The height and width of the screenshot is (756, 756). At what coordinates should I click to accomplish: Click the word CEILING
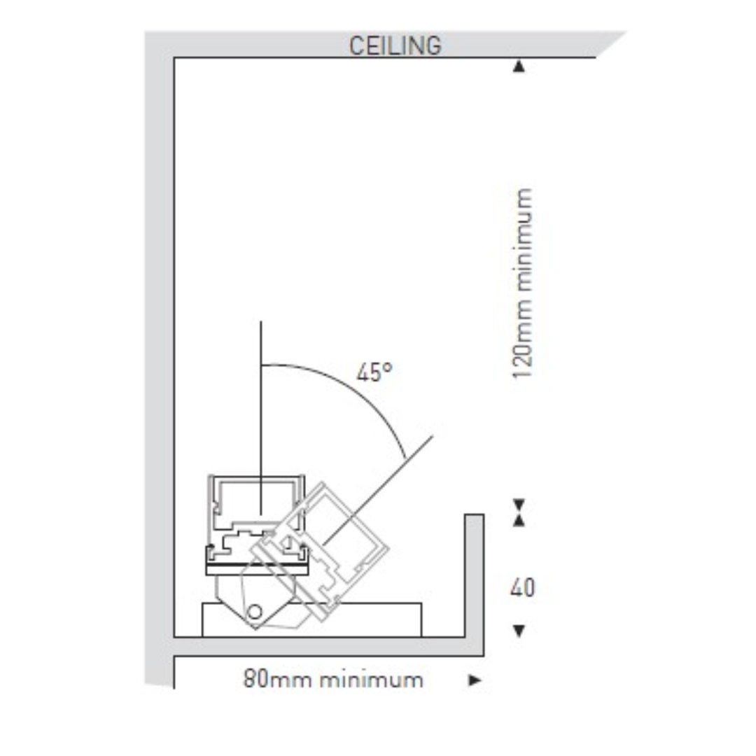(395, 46)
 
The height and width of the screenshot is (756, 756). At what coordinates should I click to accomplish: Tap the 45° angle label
(374, 372)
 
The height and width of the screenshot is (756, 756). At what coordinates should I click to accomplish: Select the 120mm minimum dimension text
(523, 284)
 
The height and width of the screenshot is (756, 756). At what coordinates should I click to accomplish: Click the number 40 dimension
(523, 588)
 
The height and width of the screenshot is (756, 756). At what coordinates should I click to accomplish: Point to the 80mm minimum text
(333, 680)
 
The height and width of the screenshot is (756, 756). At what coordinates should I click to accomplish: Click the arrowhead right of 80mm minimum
(475, 680)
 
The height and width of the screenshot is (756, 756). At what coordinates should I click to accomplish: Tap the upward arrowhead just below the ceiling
(519, 66)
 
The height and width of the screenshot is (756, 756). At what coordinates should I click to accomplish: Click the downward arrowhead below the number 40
(519, 631)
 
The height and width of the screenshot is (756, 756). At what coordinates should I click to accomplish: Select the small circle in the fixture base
(255, 612)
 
